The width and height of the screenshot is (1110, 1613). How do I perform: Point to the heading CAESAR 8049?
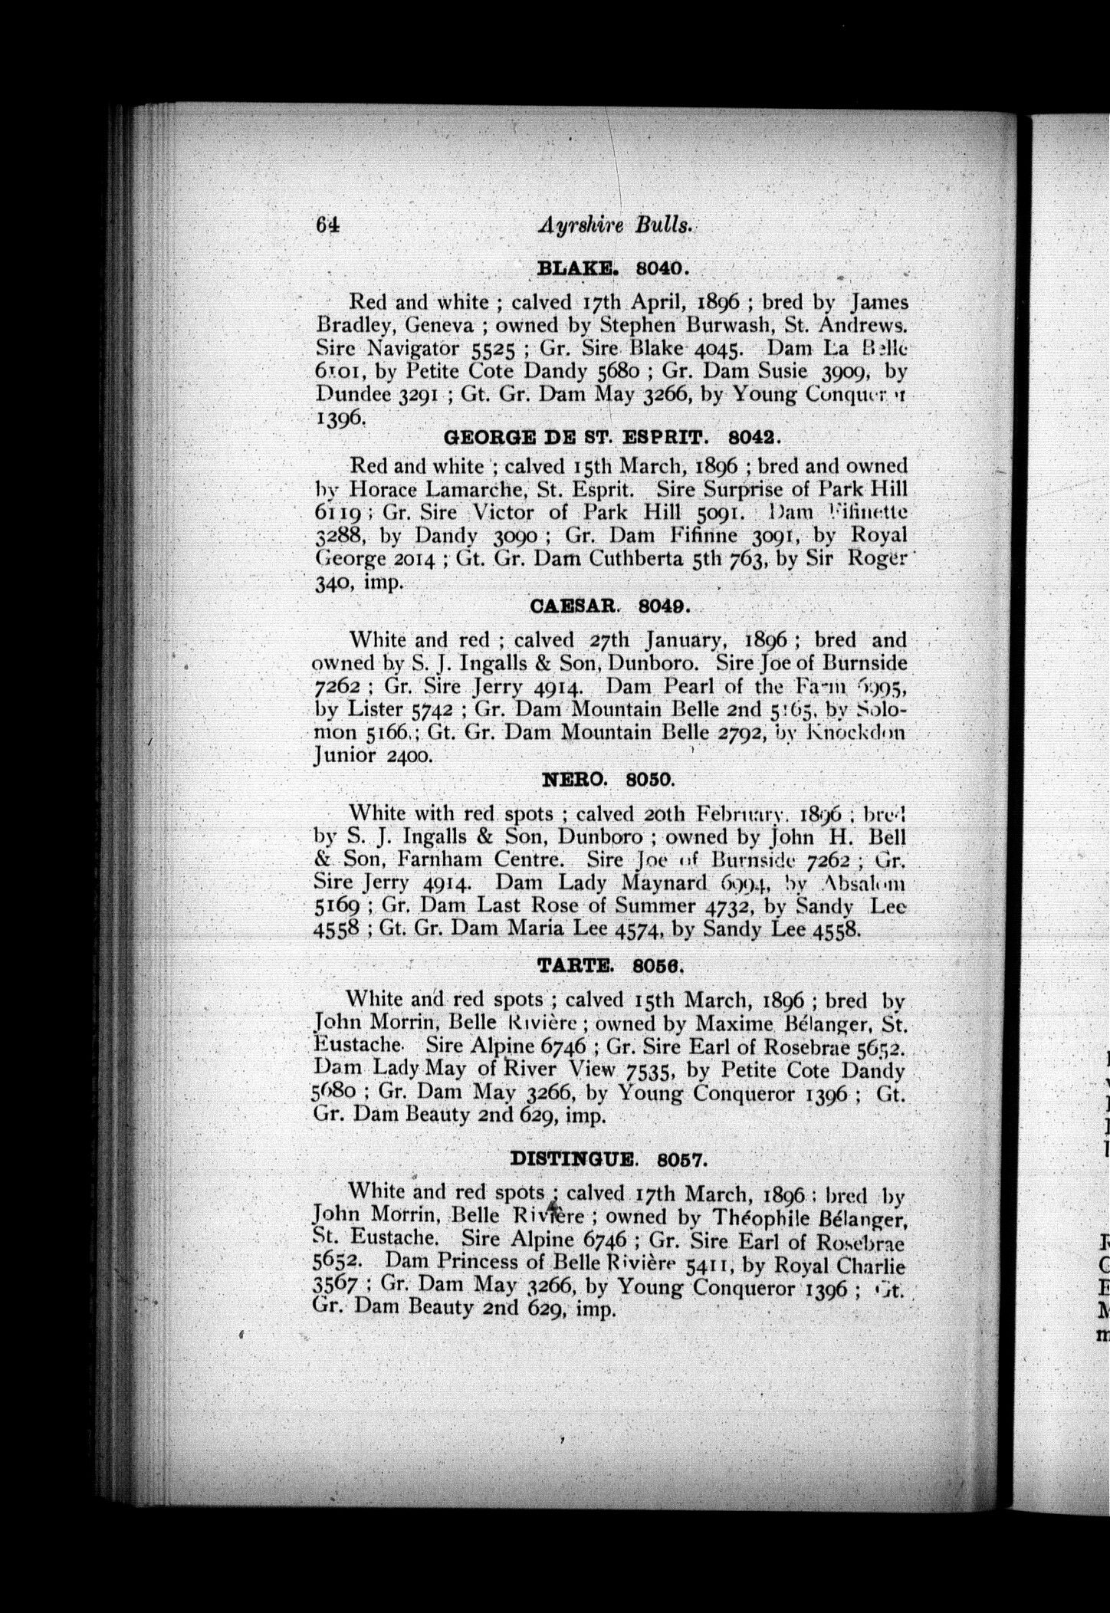[x=611, y=607]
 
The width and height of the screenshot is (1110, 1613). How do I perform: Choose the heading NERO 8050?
[x=608, y=781]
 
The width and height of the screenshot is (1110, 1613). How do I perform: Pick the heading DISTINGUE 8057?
[x=606, y=1159]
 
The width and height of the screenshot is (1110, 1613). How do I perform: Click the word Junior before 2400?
[x=345, y=757]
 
